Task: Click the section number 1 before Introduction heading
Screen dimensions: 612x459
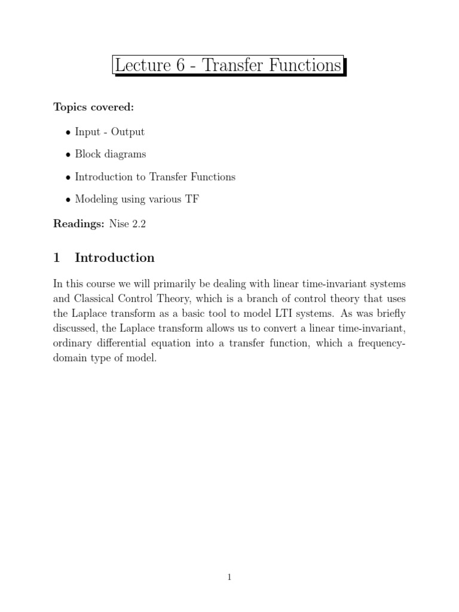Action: click(x=57, y=258)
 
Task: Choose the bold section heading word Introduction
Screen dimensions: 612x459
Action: click(x=114, y=258)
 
